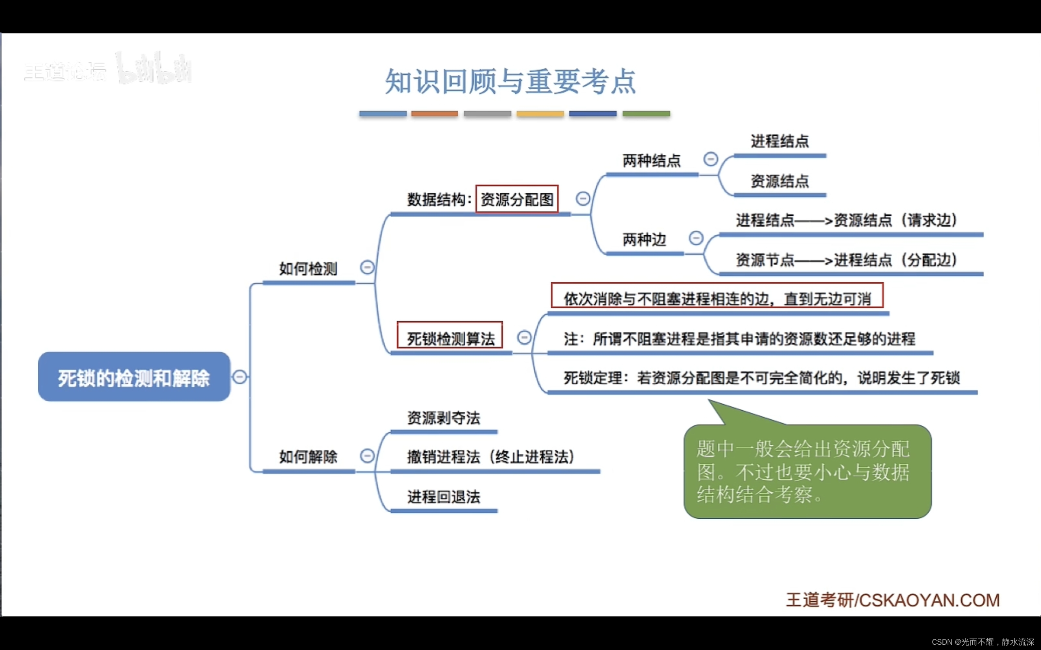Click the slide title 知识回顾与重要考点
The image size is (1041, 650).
click(510, 81)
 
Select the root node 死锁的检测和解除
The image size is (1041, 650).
click(134, 377)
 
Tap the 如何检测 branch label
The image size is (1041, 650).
click(308, 269)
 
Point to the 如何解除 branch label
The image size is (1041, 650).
click(308, 457)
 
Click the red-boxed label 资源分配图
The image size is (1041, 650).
click(516, 199)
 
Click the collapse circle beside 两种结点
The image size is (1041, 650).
click(710, 159)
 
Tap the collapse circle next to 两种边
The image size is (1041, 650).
click(696, 238)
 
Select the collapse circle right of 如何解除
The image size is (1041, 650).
click(367, 456)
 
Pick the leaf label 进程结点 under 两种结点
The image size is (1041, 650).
click(780, 141)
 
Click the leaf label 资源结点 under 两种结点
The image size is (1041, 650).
click(780, 181)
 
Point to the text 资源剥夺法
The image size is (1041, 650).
click(444, 418)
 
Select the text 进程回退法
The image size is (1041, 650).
click(444, 496)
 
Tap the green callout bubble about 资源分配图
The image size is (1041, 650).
click(807, 471)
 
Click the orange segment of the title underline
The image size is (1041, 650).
click(434, 114)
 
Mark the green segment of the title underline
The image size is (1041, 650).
click(646, 114)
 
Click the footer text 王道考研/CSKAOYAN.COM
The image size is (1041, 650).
click(893, 600)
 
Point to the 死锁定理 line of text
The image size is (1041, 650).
click(761, 378)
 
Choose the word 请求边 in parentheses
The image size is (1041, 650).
click(929, 220)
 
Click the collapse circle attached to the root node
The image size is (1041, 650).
click(240, 377)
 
